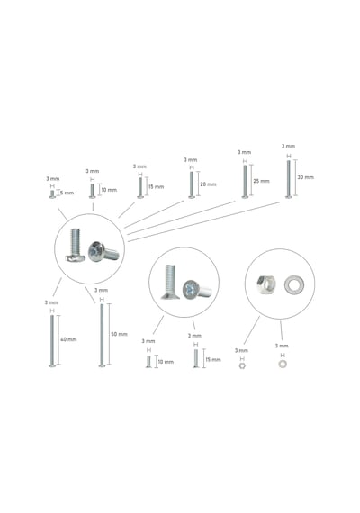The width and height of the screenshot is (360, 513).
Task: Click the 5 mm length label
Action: point(67,193)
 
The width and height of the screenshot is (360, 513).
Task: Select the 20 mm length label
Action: point(208,184)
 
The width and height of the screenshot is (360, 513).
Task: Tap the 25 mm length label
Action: point(261,181)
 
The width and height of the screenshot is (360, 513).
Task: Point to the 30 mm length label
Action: point(305,177)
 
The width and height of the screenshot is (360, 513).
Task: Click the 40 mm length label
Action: point(68,339)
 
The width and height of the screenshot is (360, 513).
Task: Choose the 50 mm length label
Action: point(119,334)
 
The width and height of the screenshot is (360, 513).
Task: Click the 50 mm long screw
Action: point(102,336)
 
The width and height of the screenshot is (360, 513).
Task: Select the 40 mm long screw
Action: point(52,341)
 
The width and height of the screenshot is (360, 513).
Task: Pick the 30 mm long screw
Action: point(288,179)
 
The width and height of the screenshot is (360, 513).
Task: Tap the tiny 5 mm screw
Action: point(52,194)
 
